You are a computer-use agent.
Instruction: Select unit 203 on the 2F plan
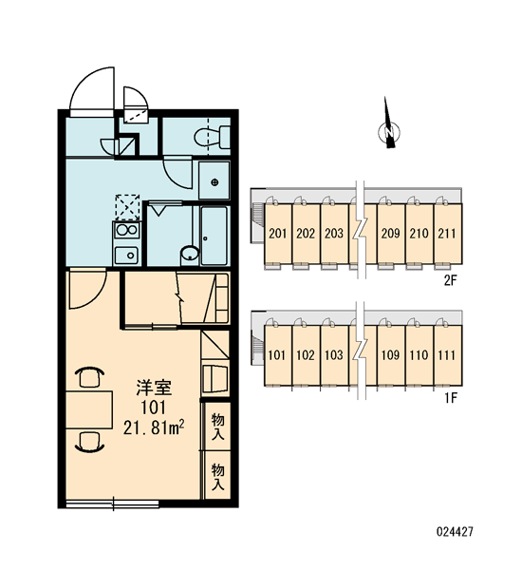coord(334,234)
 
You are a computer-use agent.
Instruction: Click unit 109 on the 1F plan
coord(391,355)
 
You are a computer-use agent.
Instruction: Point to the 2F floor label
coord(450,280)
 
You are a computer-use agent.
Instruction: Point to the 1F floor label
coord(450,398)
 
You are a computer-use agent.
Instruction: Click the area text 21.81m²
coord(154,427)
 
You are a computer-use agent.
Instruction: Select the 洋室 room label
coord(154,388)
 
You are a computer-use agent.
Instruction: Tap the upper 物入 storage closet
coord(217,426)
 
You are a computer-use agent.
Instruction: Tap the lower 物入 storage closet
coord(217,475)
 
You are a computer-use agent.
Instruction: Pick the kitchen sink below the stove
coord(126,256)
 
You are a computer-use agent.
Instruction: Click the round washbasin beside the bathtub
coord(190,254)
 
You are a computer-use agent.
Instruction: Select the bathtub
coord(214,236)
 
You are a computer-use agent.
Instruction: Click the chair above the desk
coord(90,377)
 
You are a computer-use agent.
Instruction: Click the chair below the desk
coord(90,442)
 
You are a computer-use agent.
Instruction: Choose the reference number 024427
coord(455,532)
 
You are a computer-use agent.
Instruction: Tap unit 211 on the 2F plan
coord(448,234)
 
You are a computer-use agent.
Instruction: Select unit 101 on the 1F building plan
coord(277,355)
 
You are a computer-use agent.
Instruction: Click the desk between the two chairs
coord(89,409)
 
